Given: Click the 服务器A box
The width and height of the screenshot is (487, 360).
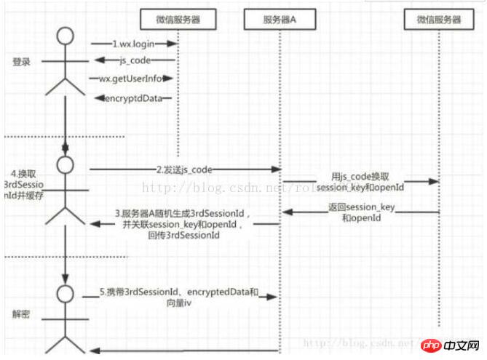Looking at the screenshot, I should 279,19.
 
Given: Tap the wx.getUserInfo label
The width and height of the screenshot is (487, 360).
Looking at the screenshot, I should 131,79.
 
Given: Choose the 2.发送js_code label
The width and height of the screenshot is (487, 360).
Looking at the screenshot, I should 185,169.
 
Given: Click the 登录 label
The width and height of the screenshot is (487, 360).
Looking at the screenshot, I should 21,62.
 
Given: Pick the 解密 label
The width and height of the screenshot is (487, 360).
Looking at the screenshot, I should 21,315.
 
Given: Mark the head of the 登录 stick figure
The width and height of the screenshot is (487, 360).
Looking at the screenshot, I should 66,35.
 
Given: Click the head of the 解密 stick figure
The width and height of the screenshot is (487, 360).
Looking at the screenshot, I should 66,293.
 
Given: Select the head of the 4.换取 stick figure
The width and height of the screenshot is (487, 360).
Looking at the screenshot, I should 66,164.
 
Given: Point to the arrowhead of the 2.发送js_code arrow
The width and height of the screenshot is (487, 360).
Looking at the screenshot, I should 277,169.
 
